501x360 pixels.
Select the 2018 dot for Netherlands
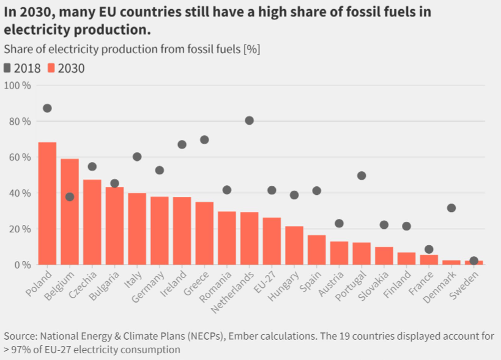coord(249,120)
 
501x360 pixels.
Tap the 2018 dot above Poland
coord(47,108)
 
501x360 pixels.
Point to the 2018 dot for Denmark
coord(451,208)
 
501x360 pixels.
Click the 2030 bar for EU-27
coord(272,241)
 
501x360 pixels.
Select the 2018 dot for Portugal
coord(362,175)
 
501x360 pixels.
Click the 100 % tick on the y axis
coord(18,86)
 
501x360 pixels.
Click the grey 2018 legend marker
coord(7,68)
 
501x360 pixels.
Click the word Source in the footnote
coord(20,337)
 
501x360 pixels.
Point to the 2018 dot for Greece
coord(204,140)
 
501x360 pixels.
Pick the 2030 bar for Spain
coord(317,250)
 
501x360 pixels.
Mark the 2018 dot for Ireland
coord(182,145)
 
